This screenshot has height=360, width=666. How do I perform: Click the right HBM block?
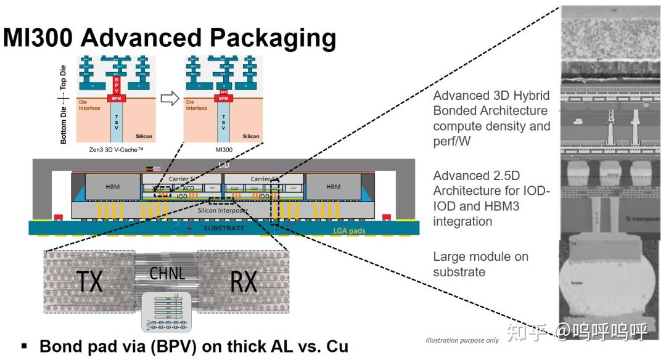coord(333,186)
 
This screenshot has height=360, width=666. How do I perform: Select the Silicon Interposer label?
coord(224,210)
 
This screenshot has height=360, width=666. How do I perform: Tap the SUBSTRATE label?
coord(224,228)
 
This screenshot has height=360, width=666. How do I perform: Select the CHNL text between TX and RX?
coord(167,272)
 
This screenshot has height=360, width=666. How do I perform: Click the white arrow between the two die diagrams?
coord(170,97)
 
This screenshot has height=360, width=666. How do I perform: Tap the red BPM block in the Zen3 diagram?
coord(116,98)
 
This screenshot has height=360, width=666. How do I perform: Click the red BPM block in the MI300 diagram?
coord(224,98)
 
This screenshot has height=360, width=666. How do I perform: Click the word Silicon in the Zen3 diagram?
coord(142,136)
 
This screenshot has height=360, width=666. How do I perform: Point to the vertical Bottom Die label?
coord(64,123)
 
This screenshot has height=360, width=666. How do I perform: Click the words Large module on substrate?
coord(480,264)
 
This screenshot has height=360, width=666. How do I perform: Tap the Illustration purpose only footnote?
coord(462,340)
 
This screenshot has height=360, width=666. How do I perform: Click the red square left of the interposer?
coord(59,218)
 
